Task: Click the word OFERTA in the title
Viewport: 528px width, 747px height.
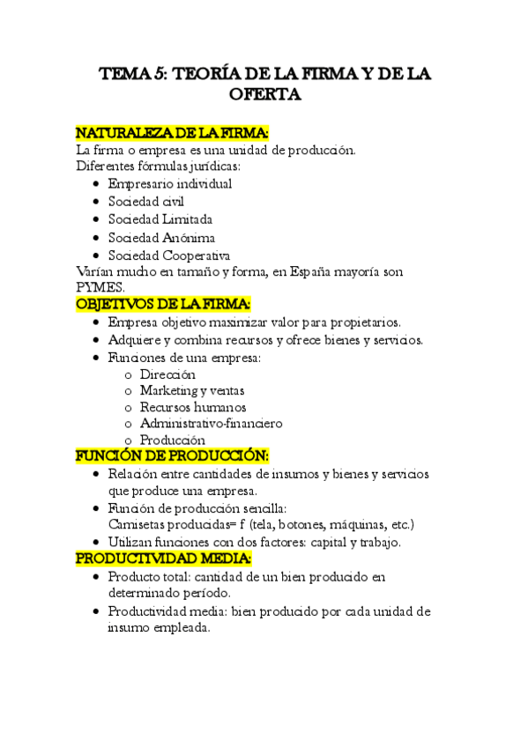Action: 264,94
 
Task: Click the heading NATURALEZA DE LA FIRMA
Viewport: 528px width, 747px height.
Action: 172,133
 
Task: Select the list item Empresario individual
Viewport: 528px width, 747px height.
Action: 170,184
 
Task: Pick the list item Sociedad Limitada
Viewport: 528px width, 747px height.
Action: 160,219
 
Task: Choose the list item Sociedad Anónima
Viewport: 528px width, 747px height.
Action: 161,238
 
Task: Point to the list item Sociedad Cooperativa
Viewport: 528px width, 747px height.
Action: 169,255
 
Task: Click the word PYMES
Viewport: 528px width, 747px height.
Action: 100,287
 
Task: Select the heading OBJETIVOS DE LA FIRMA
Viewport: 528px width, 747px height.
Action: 163,304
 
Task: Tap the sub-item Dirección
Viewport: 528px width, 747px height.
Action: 167,374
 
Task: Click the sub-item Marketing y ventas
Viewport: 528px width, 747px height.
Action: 192,390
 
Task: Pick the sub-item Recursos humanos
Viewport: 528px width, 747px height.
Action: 193,407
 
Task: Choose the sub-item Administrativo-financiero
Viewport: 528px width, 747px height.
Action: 211,424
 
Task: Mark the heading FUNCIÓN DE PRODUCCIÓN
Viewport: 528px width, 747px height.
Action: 172,456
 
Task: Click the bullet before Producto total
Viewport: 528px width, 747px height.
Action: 95,577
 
